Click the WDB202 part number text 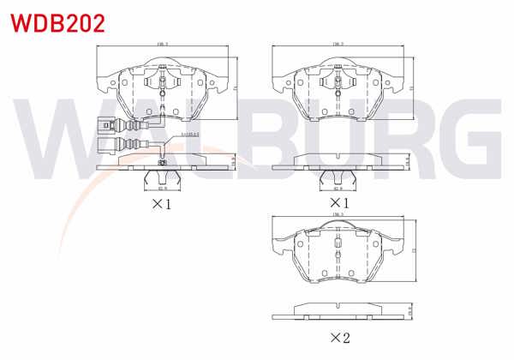coord(58,22)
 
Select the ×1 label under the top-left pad coord(162,205)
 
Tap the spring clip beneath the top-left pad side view coord(162,177)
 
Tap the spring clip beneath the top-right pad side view coord(337,177)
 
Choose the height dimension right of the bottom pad coord(413,250)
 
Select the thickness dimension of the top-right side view coord(410,160)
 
